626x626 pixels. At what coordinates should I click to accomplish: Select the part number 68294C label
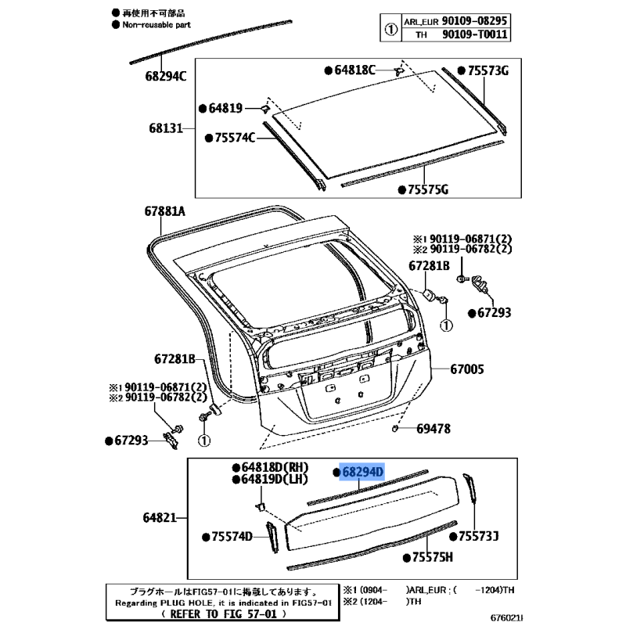click(x=165, y=76)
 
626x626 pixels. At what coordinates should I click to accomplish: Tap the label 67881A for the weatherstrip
click(x=164, y=211)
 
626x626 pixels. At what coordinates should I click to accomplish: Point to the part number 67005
click(x=467, y=369)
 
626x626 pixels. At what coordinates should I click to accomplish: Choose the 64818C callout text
click(x=355, y=70)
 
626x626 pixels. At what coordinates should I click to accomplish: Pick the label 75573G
click(x=488, y=71)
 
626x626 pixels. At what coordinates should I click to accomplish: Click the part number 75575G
click(x=427, y=189)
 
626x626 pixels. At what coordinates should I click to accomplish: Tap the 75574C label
click(x=235, y=139)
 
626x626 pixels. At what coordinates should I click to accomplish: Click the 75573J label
click(x=479, y=536)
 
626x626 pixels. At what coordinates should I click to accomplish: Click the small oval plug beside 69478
click(x=396, y=429)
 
